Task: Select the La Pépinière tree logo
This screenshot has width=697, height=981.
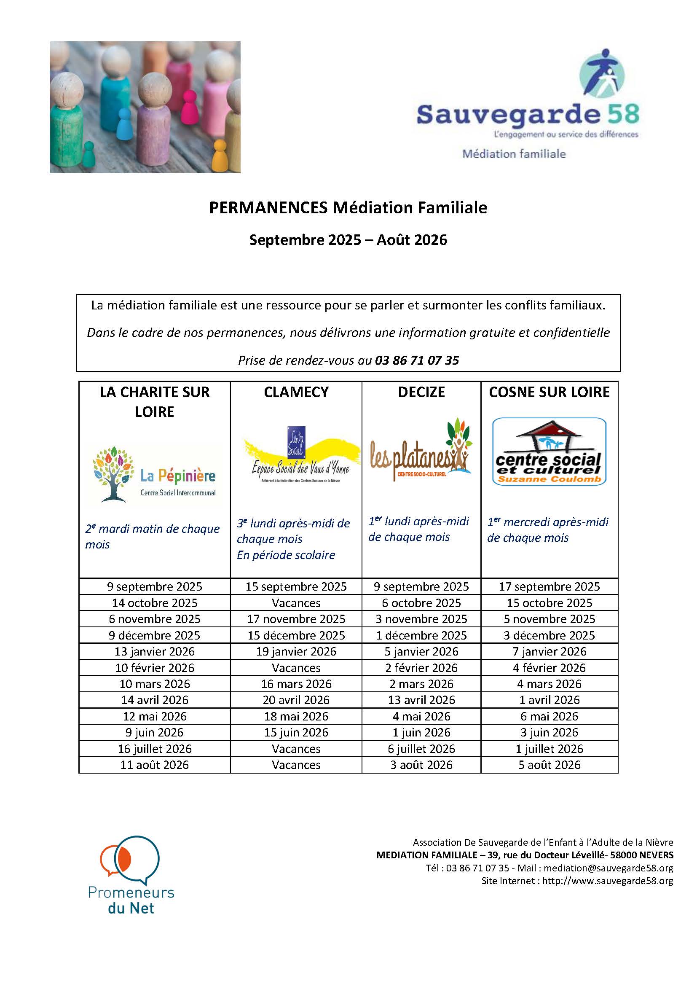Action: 155,474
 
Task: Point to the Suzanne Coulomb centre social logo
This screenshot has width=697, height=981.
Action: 549,452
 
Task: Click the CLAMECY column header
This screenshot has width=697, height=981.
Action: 296,392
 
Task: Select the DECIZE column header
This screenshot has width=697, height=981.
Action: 421,392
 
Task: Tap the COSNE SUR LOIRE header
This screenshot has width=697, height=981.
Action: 549,392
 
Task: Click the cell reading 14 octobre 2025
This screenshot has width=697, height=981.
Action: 155,603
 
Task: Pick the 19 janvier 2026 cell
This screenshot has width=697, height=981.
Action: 296,651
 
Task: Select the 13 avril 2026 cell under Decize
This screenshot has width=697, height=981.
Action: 421,700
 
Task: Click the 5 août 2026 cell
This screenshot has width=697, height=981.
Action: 549,765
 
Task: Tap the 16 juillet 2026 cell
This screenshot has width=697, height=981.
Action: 155,749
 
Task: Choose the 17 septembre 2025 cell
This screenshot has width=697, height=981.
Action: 549,586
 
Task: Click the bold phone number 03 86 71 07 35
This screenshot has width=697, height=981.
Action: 417,360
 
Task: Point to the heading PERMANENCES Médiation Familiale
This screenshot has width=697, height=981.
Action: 348,208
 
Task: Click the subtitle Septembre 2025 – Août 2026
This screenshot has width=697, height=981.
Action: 348,239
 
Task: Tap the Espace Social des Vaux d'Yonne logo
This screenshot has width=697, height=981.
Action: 300,455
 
